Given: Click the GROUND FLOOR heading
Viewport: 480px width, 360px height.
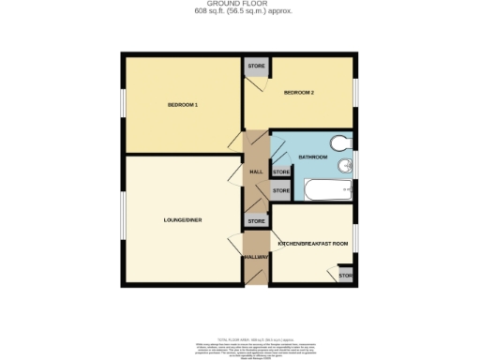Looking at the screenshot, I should (239, 4).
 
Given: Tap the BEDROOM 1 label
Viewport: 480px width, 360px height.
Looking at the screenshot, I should (182, 105).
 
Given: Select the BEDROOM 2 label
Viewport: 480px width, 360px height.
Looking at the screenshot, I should (298, 93).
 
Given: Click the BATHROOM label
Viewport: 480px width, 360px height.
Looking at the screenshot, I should (312, 157).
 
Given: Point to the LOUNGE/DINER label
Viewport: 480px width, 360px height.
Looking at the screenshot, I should (182, 220).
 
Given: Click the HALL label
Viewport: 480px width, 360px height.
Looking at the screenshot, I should (255, 172).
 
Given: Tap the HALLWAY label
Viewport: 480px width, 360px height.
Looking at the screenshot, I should (256, 257).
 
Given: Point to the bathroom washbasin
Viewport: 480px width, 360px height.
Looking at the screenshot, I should (347, 167).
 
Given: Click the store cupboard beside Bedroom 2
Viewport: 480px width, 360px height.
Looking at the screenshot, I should (255, 68).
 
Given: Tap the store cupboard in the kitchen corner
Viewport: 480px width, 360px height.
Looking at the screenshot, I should (345, 276).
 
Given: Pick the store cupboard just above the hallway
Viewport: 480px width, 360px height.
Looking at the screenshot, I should (256, 221).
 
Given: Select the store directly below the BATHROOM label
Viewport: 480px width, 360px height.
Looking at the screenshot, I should (280, 172).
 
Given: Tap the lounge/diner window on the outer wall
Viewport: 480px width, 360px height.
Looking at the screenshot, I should (122, 216).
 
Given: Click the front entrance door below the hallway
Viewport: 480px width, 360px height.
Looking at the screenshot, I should (256, 283).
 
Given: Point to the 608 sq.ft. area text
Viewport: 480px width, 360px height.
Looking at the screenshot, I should (239, 12).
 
